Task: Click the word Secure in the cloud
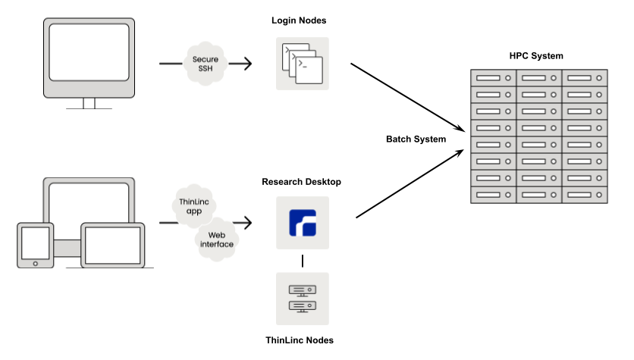click(206, 59)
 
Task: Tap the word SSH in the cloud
click(206, 69)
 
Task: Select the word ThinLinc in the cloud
click(194, 202)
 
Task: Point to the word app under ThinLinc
click(194, 211)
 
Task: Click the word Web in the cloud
click(217, 235)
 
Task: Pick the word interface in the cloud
click(217, 244)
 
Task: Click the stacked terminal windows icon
click(303, 64)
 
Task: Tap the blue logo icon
click(303, 223)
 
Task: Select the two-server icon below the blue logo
click(303, 299)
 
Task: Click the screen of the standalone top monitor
click(89, 52)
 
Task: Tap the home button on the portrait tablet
click(36, 263)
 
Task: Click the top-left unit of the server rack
click(494, 78)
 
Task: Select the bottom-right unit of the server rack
click(584, 195)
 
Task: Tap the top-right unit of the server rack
click(584, 78)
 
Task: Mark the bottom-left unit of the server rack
click(494, 195)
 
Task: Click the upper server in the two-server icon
click(303, 290)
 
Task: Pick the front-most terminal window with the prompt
click(309, 70)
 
